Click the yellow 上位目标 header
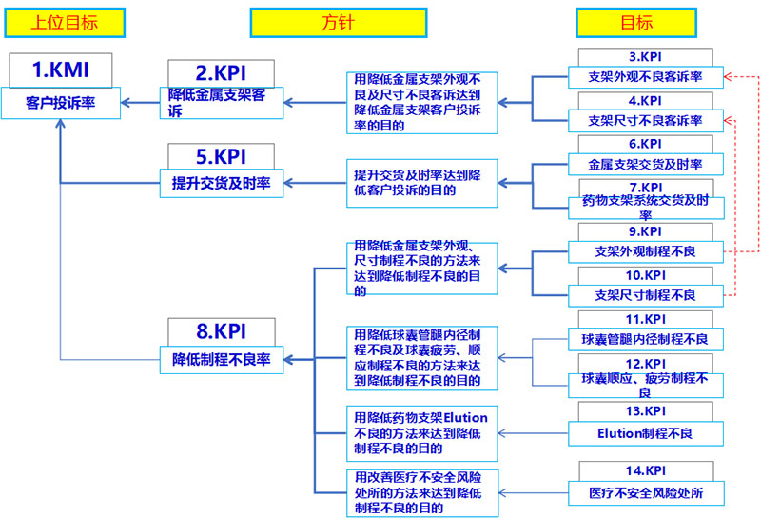pos(64,21)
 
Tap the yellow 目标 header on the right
pos(636,21)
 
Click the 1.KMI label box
pos(61,69)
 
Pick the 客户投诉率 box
pos(61,101)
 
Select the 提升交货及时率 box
pos(221,184)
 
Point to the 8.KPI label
pos(221,331)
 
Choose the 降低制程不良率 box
pos(221,360)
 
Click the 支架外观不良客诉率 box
pos(645,77)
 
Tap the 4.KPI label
pos(645,100)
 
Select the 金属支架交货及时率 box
pos(645,165)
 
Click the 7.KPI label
pos(645,188)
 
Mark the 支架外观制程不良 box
pos(645,251)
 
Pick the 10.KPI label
pos(645,274)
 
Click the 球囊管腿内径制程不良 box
pos(645,339)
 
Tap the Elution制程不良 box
pos(645,433)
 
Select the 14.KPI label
pos(645,470)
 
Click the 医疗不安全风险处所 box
pos(645,493)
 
